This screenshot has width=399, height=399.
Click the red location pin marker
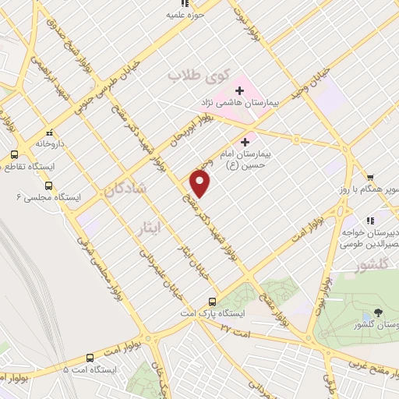coord(201,184)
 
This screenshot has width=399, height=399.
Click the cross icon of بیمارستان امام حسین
coord(246,142)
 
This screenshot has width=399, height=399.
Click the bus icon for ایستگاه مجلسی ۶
coord(49,185)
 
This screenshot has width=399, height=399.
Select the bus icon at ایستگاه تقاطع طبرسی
coord(14,154)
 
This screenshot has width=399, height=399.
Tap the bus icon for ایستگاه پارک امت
coord(212,302)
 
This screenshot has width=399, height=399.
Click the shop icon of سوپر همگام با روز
coord(370,177)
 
